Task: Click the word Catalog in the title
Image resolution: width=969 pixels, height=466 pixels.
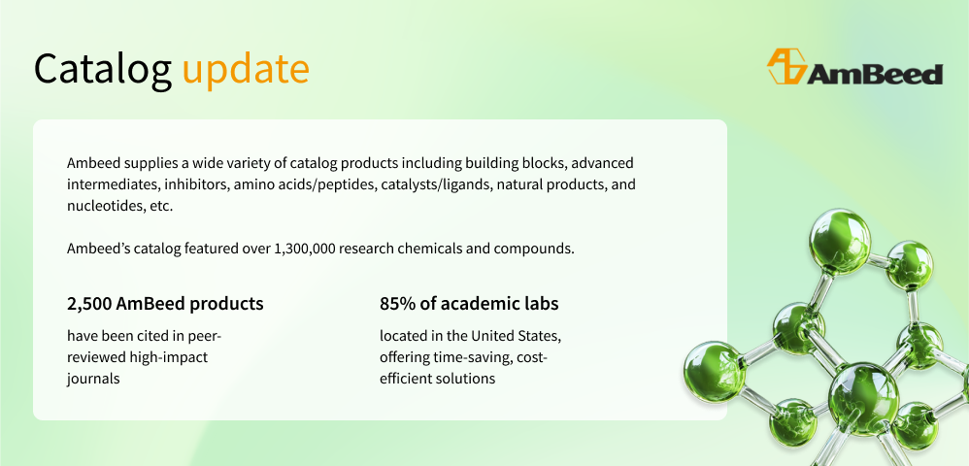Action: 103,69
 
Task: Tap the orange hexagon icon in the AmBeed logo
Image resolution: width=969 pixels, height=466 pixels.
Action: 786,66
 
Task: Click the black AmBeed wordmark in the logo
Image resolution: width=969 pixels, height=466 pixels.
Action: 875,74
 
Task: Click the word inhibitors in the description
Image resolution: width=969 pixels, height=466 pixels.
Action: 193,184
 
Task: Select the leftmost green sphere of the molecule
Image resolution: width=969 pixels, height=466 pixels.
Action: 715,372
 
